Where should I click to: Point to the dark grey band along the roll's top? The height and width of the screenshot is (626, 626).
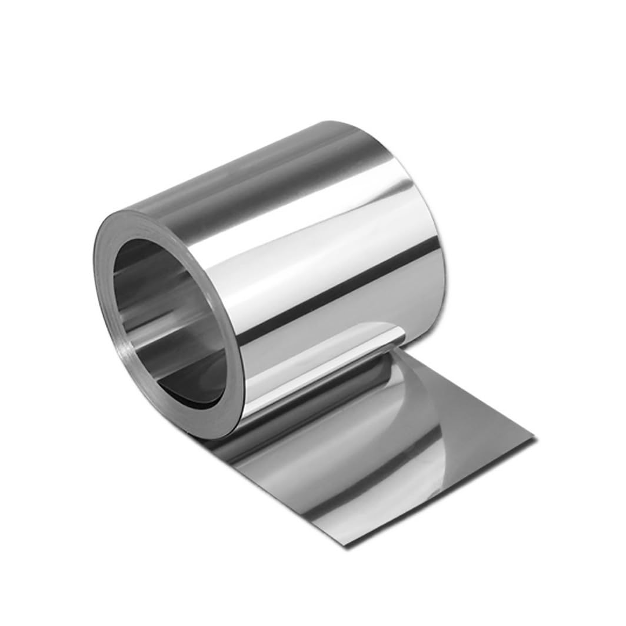[247, 177]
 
